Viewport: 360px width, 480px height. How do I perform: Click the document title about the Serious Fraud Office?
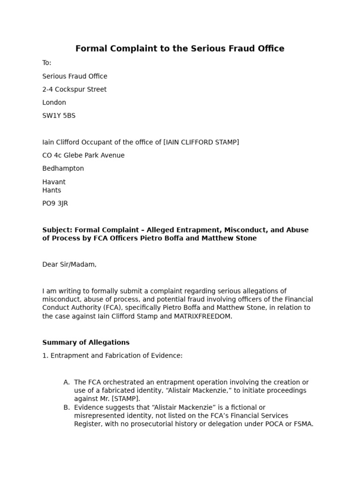[180, 49]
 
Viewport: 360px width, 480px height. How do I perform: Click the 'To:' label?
[47, 63]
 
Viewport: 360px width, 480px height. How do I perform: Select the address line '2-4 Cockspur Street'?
[75, 90]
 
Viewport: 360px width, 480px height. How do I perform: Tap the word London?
[54, 103]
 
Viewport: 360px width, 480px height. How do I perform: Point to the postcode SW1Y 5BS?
[59, 116]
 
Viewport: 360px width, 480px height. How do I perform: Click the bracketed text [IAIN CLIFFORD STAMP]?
[201, 142]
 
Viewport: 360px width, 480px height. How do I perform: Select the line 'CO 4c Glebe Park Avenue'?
[83, 155]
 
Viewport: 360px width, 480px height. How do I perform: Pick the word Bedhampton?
[63, 168]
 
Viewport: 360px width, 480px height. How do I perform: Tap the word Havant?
[54, 182]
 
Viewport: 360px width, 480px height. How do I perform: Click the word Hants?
[52, 190]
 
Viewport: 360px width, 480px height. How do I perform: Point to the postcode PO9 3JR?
[55, 203]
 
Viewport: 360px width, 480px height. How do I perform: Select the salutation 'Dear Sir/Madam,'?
[69, 264]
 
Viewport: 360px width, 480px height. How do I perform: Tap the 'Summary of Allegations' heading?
[86, 343]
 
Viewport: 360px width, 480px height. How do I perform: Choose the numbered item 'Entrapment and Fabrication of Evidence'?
[116, 356]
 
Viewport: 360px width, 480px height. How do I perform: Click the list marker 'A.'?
[67, 382]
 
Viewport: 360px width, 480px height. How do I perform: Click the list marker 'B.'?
[67, 407]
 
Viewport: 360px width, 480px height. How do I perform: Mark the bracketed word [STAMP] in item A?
[125, 399]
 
